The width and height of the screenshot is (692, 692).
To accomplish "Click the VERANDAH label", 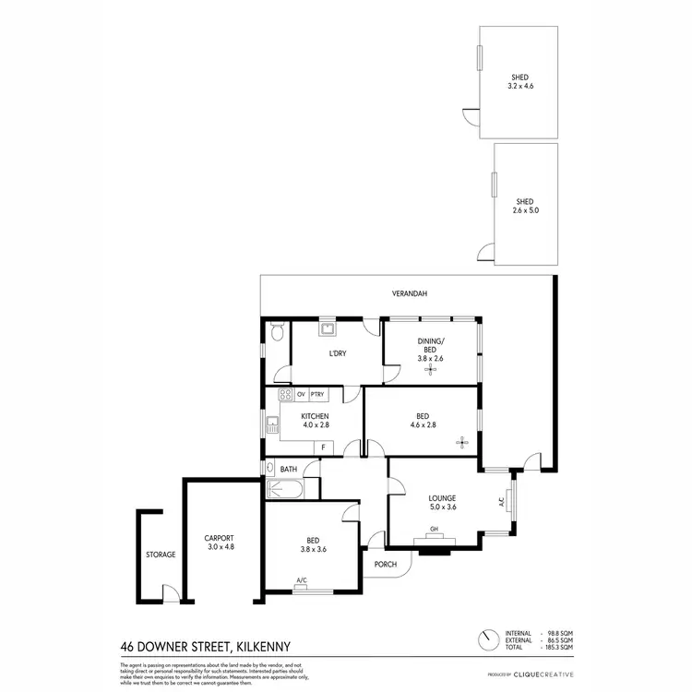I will (x=409, y=293).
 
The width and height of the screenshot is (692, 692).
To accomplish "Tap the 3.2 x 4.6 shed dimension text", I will (x=521, y=86).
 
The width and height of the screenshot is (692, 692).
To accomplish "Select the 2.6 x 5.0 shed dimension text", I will (x=525, y=210).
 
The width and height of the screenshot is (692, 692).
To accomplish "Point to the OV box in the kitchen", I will (x=301, y=395).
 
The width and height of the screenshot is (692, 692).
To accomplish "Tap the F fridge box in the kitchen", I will (x=324, y=447).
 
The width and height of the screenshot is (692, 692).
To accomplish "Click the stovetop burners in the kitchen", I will (x=286, y=396).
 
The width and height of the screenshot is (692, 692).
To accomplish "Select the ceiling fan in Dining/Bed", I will (x=429, y=370).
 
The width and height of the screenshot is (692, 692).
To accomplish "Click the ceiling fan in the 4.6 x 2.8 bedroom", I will (x=463, y=443).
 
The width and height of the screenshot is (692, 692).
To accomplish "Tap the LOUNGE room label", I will (x=443, y=497).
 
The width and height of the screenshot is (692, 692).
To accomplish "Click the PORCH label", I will (x=385, y=564).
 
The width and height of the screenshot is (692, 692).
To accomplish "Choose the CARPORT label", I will (x=219, y=538).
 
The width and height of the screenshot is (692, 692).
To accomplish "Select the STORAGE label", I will (x=160, y=555).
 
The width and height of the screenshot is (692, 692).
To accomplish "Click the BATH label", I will (x=288, y=469).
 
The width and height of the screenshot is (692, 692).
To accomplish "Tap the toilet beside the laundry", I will (x=277, y=333).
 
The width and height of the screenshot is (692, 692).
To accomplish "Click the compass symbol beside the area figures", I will (x=485, y=639).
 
